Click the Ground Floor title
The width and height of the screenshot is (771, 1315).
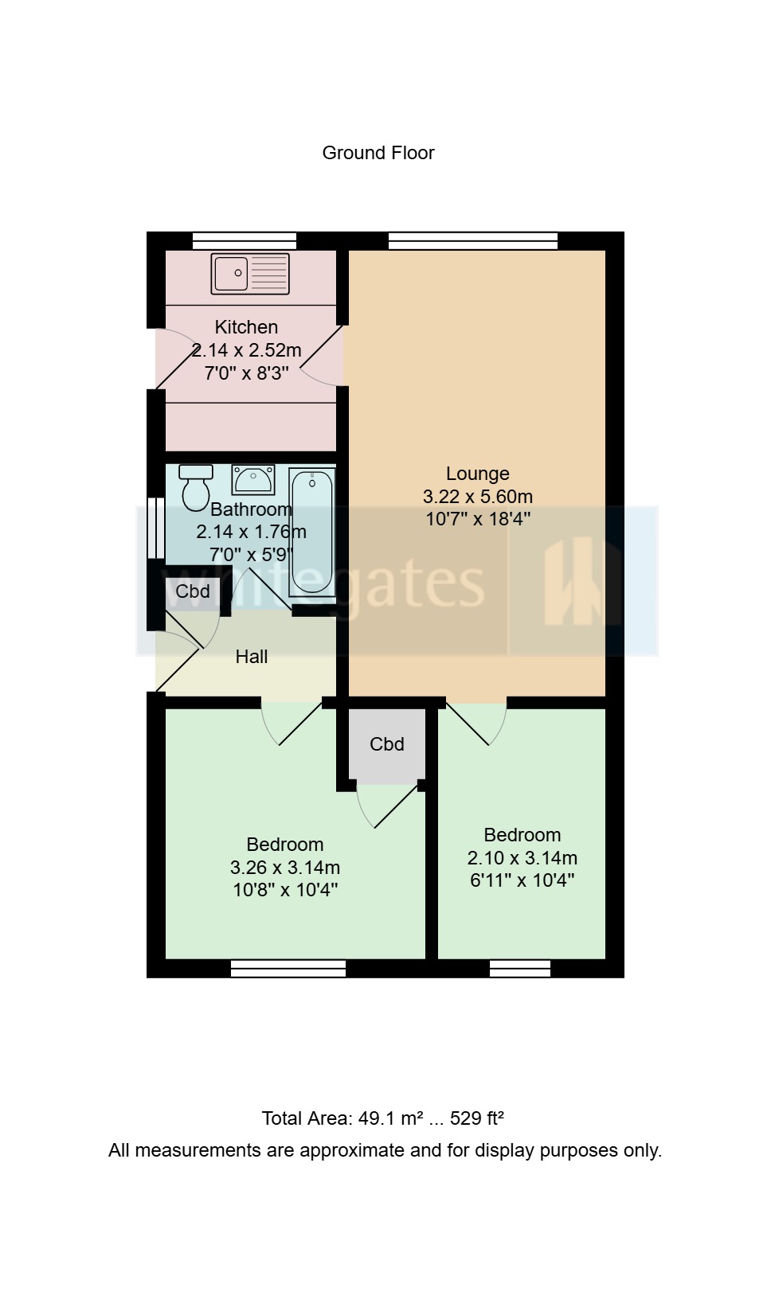tap(378, 153)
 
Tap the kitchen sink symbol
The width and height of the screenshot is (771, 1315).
tap(250, 273)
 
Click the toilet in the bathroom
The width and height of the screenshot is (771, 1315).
tap(195, 486)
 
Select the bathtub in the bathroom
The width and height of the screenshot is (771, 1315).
tap(312, 532)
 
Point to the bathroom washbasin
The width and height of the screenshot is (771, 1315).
tap(253, 480)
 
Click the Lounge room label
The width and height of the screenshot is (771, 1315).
tap(477, 474)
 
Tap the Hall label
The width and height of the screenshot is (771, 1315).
tap(252, 657)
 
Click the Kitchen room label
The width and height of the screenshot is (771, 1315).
tap(246, 327)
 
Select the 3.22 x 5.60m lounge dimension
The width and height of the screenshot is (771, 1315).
tap(477, 497)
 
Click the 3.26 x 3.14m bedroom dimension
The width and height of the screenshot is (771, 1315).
tap(285, 868)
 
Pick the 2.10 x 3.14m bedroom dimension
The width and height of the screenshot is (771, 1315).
tap(522, 858)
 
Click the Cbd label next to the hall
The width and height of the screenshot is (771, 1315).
tap(193, 591)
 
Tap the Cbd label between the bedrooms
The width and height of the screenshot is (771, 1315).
tap(387, 744)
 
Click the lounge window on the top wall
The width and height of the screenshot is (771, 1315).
tap(472, 240)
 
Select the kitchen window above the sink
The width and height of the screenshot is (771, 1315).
tap(245, 240)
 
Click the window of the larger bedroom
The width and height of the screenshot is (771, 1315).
tap(288, 969)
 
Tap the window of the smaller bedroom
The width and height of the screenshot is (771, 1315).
tap(520, 969)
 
